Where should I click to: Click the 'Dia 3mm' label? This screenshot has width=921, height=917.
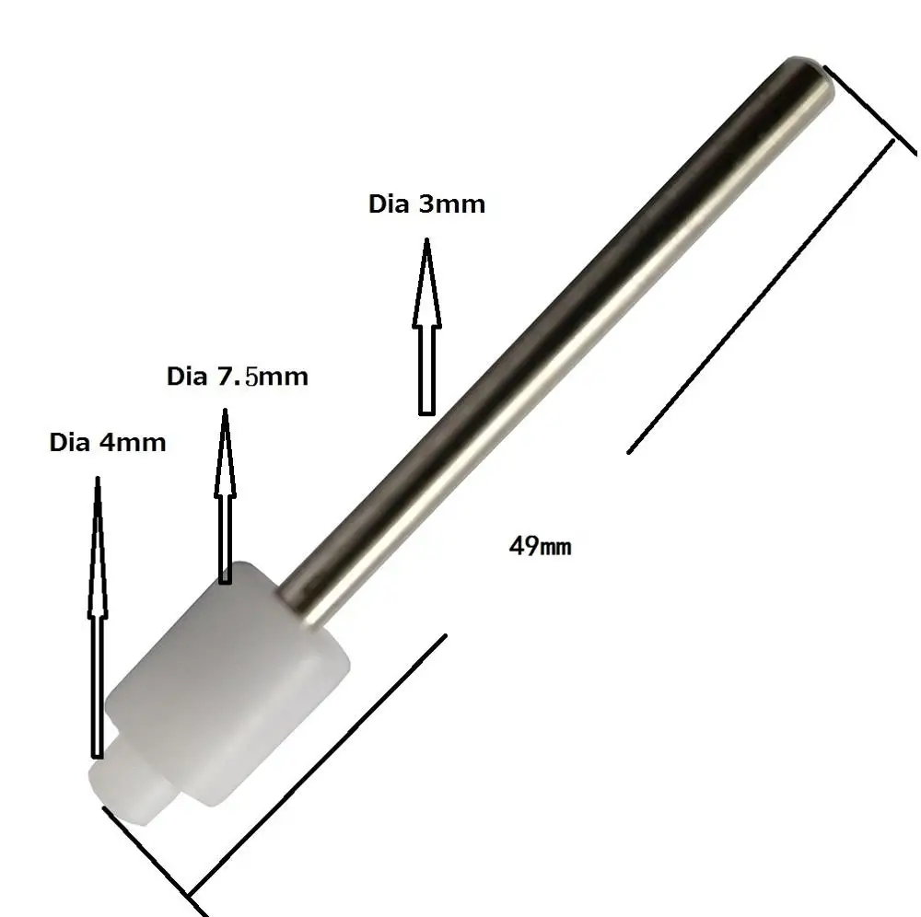pyautogui.click(x=427, y=203)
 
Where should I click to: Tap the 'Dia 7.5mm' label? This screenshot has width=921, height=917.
pyautogui.click(x=238, y=377)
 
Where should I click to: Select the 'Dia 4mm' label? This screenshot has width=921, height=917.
pyautogui.click(x=108, y=442)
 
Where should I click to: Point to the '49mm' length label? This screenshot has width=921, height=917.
pyautogui.click(x=540, y=546)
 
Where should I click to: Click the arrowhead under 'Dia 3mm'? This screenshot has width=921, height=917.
pyautogui.click(x=427, y=282)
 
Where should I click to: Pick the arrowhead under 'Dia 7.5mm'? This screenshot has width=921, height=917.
pyautogui.click(x=225, y=453)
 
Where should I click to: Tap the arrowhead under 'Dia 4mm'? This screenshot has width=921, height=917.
pyautogui.click(x=98, y=546)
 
